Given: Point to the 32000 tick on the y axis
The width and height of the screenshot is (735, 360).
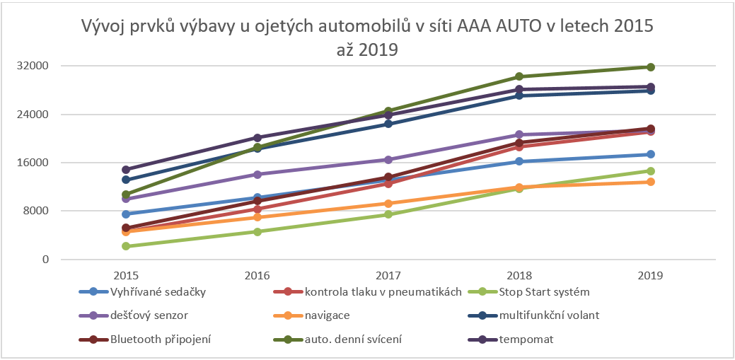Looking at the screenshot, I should pyautogui.click(x=35, y=66).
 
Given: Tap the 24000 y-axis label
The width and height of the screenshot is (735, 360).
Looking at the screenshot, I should pyautogui.click(x=35, y=115).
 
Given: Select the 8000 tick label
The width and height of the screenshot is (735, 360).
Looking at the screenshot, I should pyautogui.click(x=37, y=211).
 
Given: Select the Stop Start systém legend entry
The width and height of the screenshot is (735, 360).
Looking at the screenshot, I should pyautogui.click(x=544, y=291).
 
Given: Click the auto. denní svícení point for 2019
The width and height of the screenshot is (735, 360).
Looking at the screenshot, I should pyautogui.click(x=651, y=67).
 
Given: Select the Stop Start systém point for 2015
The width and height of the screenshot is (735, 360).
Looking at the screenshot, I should pyautogui.click(x=126, y=246).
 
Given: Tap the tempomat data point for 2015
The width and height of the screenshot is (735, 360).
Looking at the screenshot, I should pyautogui.click(x=126, y=170).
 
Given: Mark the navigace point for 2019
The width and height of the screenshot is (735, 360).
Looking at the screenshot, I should pyautogui.click(x=651, y=182).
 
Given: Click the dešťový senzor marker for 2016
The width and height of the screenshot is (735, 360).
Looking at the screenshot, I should pyautogui.click(x=257, y=174).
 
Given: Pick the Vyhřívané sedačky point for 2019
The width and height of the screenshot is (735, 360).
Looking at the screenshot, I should pyautogui.click(x=651, y=154).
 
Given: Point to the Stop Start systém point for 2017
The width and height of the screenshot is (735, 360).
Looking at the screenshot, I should pyautogui.click(x=388, y=214).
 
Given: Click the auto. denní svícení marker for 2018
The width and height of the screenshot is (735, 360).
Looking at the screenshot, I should pyautogui.click(x=519, y=76).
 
